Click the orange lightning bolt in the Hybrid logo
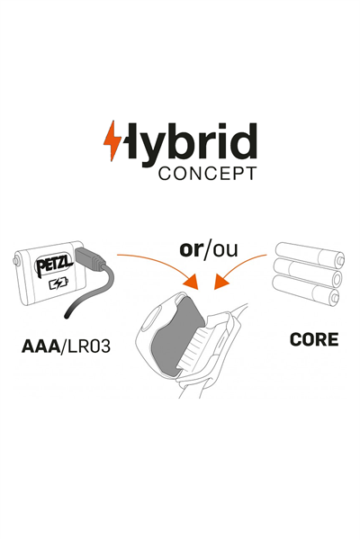tap(112, 140)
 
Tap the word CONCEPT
tap(208, 174)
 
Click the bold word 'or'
tap(191, 249)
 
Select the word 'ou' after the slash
tap(225, 250)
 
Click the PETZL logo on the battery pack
tap(54, 265)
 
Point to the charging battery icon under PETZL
tap(58, 283)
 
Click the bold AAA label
tap(41, 346)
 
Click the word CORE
tap(314, 339)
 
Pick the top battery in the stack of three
tap(310, 256)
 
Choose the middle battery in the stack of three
tap(307, 274)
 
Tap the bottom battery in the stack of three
tap(306, 292)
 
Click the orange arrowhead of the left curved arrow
tap(192, 281)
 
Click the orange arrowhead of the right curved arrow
tap(221, 281)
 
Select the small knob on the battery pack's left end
tap(15, 261)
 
